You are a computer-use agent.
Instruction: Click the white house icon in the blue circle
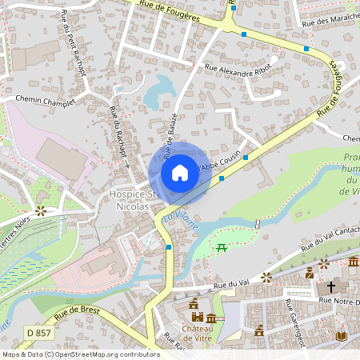click(x=179, y=173)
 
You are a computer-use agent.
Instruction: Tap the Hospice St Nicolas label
click(x=129, y=201)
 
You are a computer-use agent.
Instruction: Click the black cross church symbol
click(x=331, y=286)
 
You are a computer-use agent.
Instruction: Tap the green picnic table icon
click(x=222, y=248)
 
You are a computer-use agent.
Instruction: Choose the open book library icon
click(x=342, y=335)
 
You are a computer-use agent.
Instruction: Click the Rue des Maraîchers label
click(x=330, y=22)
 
